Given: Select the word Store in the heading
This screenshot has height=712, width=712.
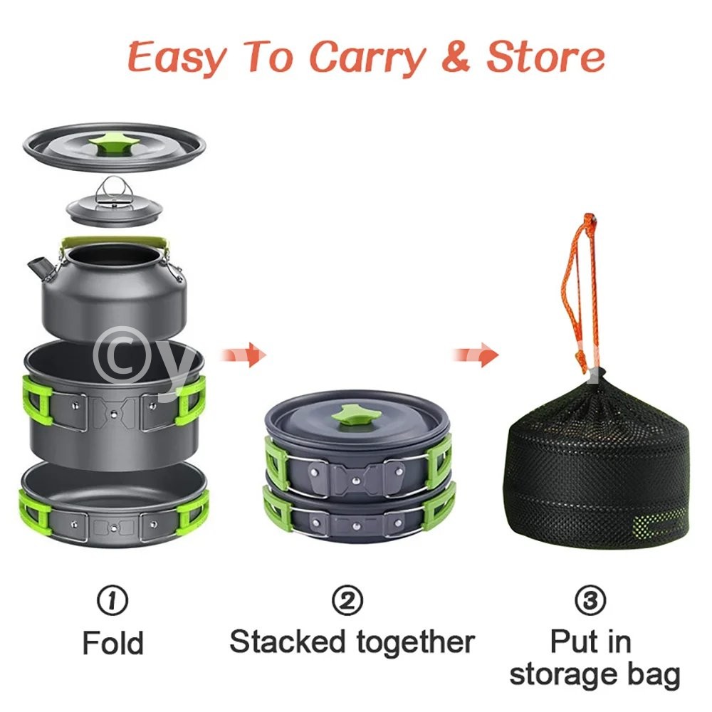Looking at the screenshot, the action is (x=546, y=57).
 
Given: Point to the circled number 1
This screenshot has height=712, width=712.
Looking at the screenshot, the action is (x=112, y=600).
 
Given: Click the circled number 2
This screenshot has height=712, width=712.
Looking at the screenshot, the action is (x=347, y=600).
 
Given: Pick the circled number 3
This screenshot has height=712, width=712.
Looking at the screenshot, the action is (x=590, y=600).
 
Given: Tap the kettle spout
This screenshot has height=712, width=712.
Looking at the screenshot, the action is (x=38, y=268).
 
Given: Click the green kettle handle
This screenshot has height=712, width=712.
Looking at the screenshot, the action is (x=113, y=241).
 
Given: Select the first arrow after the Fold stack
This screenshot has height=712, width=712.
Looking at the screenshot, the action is (x=243, y=354).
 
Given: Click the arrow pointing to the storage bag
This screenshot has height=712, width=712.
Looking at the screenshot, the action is (x=476, y=354).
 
